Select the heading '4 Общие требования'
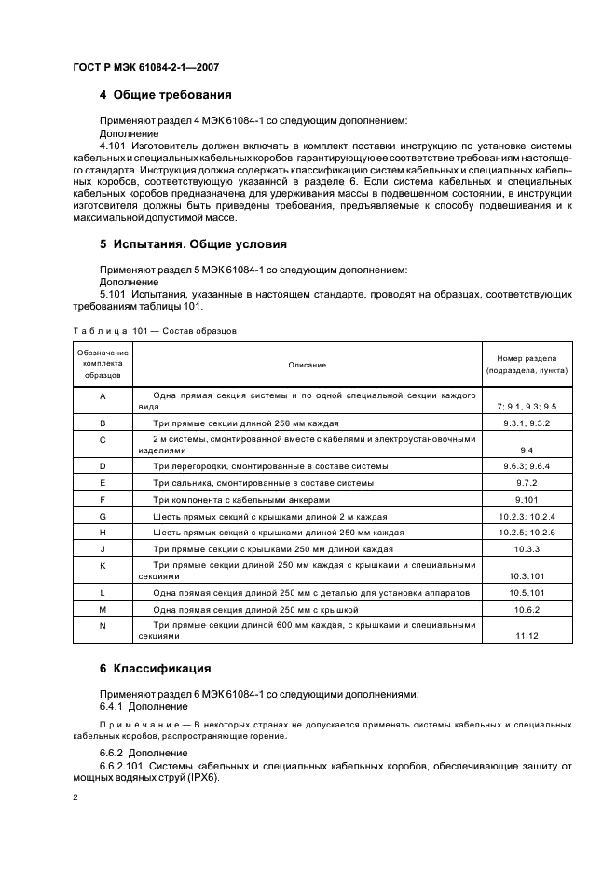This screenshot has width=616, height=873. click(x=165, y=95)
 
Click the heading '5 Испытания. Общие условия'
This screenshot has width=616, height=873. click(x=192, y=244)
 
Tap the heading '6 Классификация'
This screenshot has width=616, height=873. click(x=156, y=669)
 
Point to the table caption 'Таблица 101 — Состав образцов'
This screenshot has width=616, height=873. click(x=154, y=331)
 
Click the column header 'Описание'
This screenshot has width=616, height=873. click(x=307, y=364)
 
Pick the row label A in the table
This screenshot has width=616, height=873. click(x=103, y=396)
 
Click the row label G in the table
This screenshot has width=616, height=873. click(x=103, y=516)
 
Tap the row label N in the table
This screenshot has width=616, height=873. click(x=103, y=625)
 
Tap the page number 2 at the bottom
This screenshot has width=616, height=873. click(x=75, y=798)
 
